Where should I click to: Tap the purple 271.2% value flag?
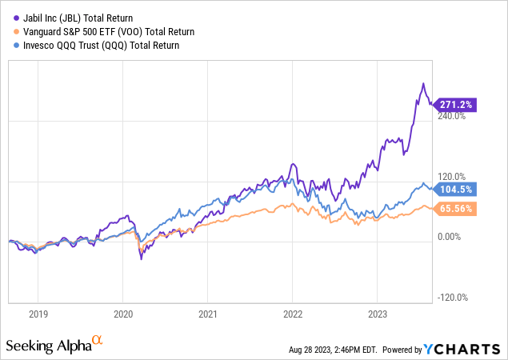(457, 104)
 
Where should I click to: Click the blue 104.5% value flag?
(457, 189)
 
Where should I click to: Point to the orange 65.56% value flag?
(457, 209)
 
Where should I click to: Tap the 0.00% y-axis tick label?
(450, 237)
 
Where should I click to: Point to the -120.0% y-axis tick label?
(454, 298)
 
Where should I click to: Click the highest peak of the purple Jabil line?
(423, 83)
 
